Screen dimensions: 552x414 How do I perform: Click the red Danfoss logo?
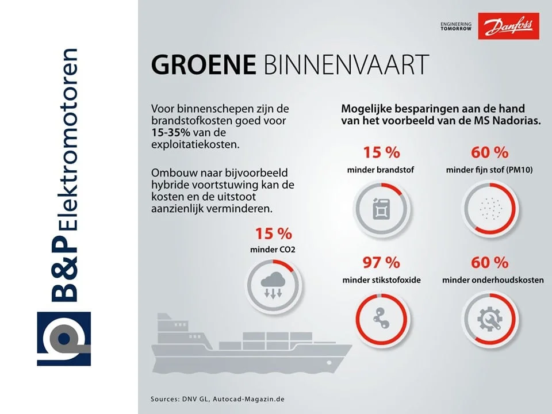point(508,26)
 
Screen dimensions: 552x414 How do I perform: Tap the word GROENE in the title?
point(204,64)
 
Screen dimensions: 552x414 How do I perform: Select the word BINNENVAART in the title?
point(346,64)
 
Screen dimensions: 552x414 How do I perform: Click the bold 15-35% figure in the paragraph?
point(171,133)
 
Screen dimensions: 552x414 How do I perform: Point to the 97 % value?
point(381,263)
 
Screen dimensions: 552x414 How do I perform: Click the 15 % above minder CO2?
point(274,234)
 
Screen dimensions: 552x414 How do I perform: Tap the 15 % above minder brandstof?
point(381,153)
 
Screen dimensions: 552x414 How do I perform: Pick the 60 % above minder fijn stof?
point(490,153)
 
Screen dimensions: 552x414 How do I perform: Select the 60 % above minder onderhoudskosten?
point(490,263)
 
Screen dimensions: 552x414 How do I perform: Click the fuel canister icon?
point(382,209)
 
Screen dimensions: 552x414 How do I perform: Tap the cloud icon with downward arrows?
point(273,285)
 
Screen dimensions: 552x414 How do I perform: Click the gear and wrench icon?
point(489,319)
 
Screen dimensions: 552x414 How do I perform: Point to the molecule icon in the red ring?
point(381,318)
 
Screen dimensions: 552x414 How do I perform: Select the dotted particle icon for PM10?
point(490,208)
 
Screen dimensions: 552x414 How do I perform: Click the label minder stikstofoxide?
point(382,280)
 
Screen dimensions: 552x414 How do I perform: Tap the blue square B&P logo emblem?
point(64,339)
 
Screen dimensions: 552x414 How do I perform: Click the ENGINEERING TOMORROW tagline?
point(456,26)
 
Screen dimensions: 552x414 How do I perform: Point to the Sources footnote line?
point(217,399)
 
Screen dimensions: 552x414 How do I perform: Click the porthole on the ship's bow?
point(329,363)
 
